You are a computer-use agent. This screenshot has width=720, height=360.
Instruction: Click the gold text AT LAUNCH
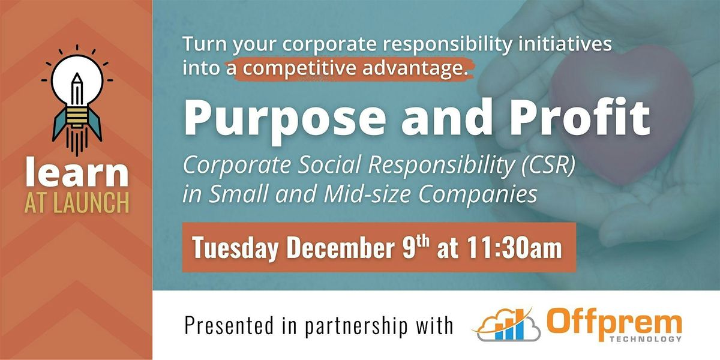pos(77,203)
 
